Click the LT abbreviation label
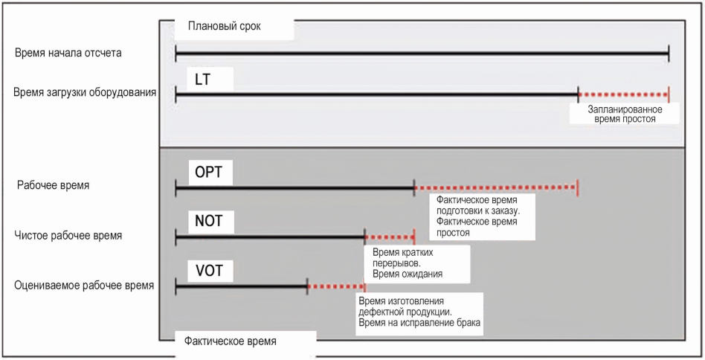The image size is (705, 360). point(202,79)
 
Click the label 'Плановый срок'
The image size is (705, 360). point(223,28)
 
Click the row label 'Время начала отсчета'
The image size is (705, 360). point(68,54)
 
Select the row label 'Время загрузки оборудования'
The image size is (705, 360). point(85,93)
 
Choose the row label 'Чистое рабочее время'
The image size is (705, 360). point(68,236)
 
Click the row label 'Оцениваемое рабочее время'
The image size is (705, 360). point(84,285)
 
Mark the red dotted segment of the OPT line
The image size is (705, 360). point(495,187)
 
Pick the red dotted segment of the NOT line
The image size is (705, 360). point(389,237)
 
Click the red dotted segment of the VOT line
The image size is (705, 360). point(335,286)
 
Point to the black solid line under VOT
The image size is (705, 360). point(241,286)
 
